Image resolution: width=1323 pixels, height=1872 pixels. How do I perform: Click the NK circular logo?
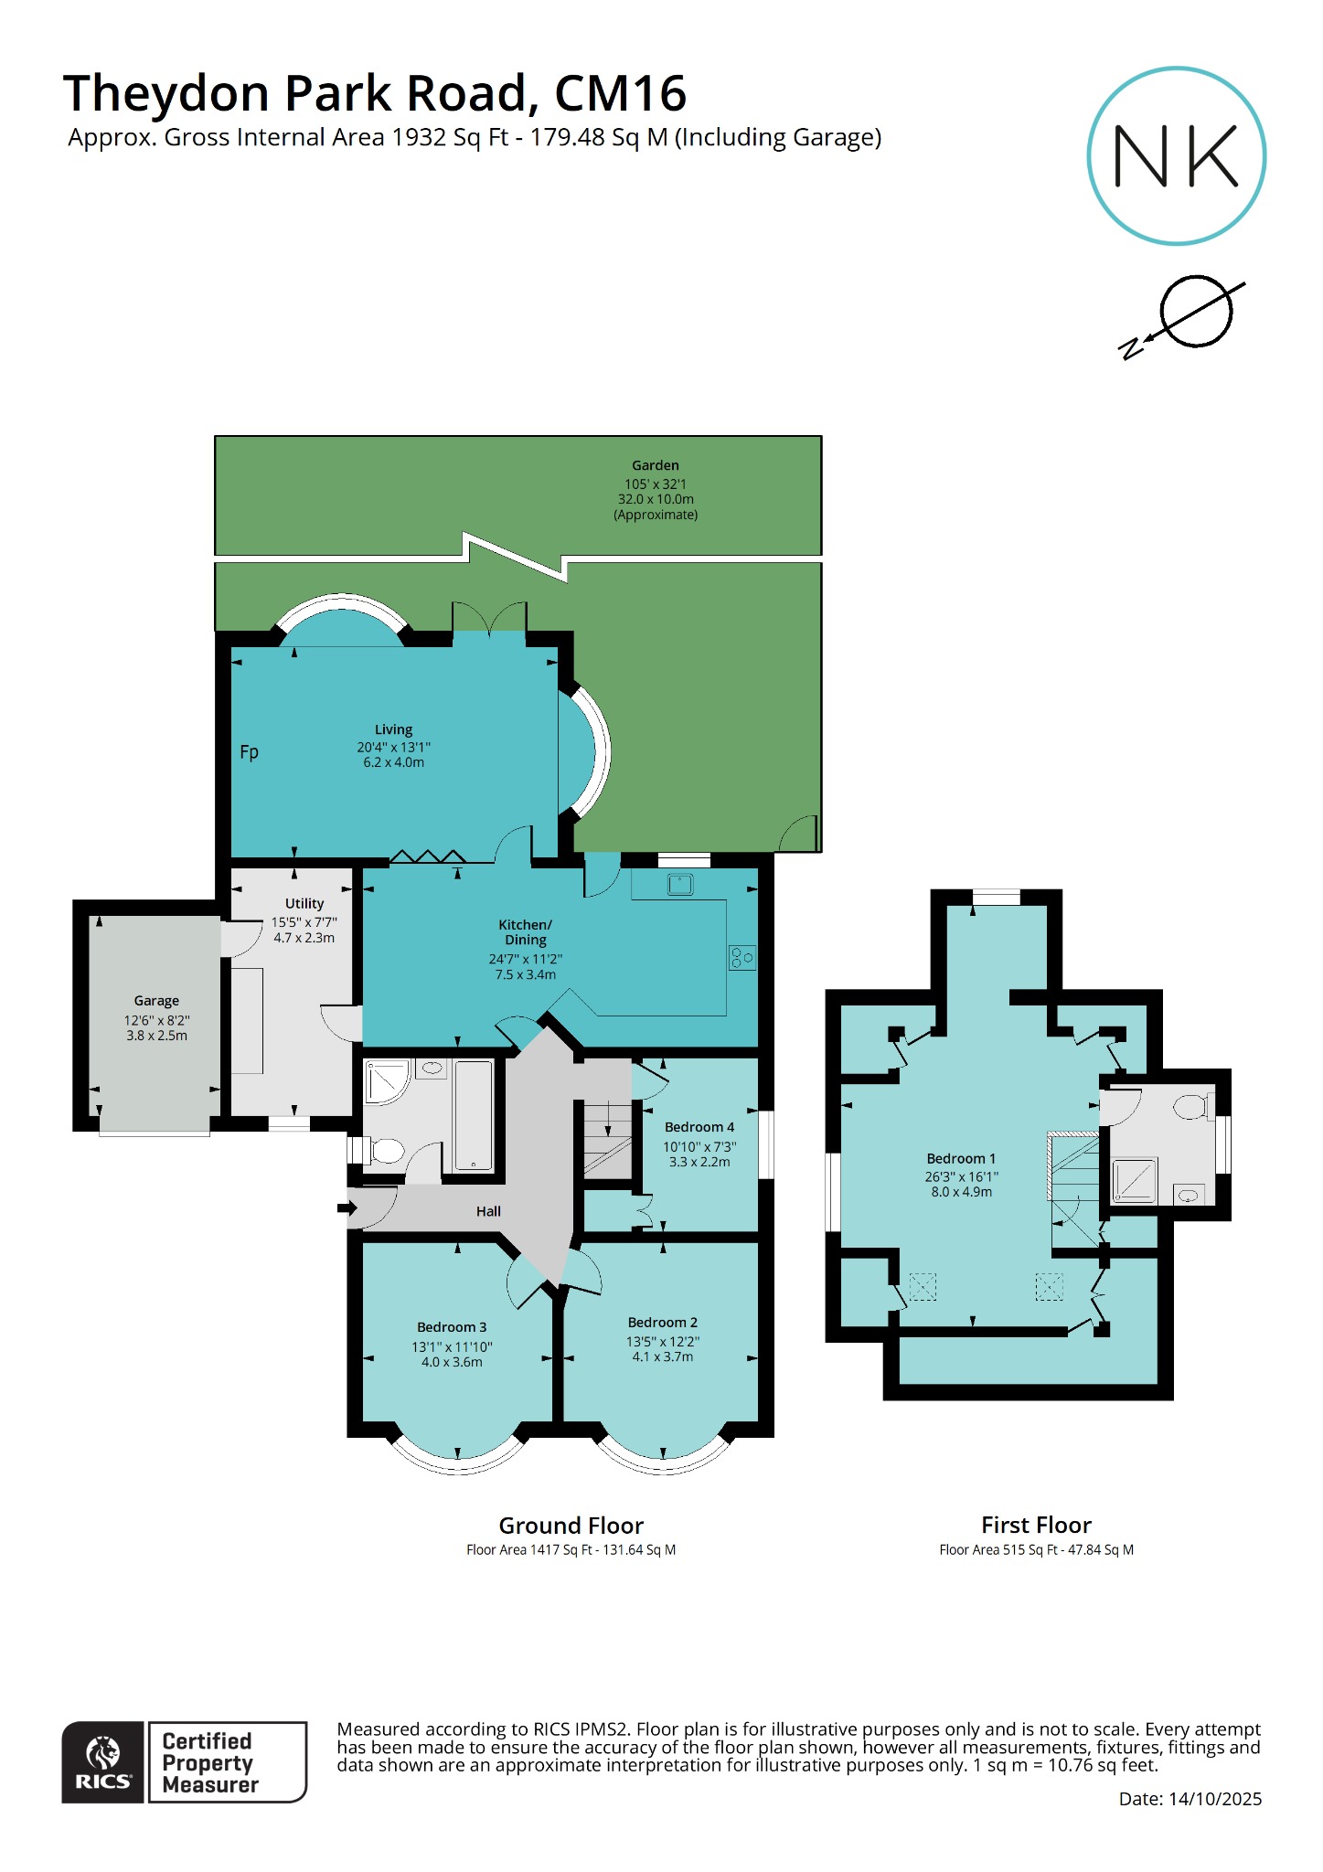1176,156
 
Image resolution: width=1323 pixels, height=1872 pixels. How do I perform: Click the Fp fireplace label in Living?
249,752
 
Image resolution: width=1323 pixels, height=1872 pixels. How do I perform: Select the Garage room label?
156,1001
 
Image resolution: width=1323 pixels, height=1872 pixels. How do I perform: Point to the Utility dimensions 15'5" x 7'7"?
304,922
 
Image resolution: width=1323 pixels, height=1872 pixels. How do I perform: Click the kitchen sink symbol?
680,885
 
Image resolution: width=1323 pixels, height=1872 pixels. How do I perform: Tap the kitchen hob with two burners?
742,958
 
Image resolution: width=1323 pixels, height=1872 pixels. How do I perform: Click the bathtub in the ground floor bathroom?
474,1115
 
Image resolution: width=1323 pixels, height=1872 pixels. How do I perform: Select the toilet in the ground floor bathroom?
385,1151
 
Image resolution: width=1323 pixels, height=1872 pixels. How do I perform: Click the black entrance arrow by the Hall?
347,1208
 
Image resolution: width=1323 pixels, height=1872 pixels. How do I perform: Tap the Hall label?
488,1211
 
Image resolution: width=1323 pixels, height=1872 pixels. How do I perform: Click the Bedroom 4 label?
699,1127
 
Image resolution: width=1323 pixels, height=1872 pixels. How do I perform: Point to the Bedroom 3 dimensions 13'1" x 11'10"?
452,1346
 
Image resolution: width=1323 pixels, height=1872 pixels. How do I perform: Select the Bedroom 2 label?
662,1323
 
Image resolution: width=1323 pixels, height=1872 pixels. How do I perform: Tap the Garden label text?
655,465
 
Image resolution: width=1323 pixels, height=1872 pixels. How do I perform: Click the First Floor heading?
1036,1525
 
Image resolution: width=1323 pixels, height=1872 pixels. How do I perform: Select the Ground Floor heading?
571,1526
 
